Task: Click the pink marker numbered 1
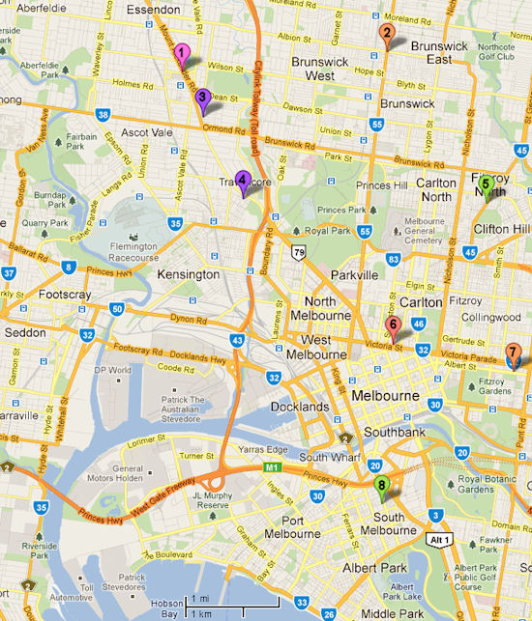pyautogui.click(x=182, y=54)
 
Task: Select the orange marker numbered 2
pyautogui.click(x=386, y=35)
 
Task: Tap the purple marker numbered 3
pyautogui.click(x=202, y=97)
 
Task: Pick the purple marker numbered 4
pyautogui.click(x=243, y=179)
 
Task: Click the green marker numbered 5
pyautogui.click(x=487, y=183)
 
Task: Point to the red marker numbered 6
pyautogui.click(x=393, y=325)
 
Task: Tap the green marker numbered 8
pyautogui.click(x=382, y=486)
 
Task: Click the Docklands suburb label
pyautogui.click(x=301, y=408)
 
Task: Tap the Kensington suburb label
pyautogui.click(x=187, y=274)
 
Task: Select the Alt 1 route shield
pyautogui.click(x=440, y=540)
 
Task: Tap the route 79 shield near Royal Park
pyautogui.click(x=302, y=253)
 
